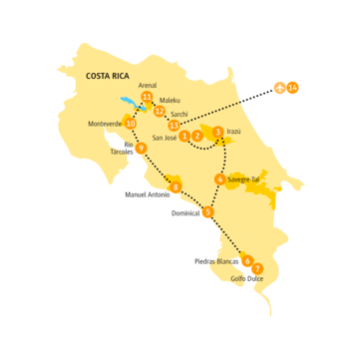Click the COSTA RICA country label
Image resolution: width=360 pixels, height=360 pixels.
tap(111, 76)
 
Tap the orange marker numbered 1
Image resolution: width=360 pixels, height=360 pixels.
tap(185, 136)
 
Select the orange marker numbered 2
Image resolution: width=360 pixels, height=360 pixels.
tap(197, 136)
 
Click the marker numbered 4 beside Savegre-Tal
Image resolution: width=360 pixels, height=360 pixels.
tap(219, 180)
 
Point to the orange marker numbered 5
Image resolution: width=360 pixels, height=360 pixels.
tap(207, 212)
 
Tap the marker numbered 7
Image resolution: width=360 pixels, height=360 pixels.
tap(257, 269)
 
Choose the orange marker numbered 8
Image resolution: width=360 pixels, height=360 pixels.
tap(176, 187)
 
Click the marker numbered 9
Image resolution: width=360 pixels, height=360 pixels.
tap(141, 149)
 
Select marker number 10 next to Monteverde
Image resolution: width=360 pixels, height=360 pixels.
tap(131, 124)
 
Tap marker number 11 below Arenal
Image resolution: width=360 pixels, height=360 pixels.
tap(148, 98)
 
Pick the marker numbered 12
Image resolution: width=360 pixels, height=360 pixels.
tap(159, 111)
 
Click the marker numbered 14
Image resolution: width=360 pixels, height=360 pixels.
tap(293, 89)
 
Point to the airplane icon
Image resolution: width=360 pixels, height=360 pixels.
tap(281, 89)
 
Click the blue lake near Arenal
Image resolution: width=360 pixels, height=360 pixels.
tap(129, 102)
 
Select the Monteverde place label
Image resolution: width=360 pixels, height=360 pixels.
tap(104, 124)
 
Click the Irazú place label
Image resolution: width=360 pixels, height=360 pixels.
tap(234, 131)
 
